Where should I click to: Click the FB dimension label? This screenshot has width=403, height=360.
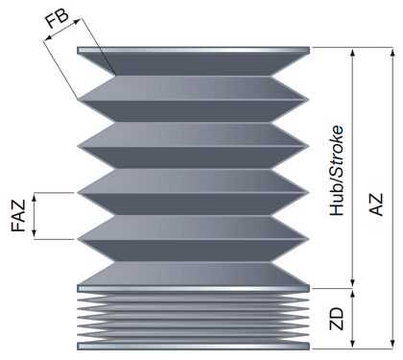[x=57, y=19]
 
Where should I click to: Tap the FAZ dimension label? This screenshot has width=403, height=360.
[x=18, y=216]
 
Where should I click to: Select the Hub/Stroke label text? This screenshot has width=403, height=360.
[x=337, y=171]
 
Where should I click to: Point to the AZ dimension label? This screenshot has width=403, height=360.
[x=376, y=204]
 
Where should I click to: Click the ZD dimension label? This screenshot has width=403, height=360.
[x=337, y=319]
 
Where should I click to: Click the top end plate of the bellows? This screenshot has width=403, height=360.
[x=193, y=50]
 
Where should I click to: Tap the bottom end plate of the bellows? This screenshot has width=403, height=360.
[x=193, y=346]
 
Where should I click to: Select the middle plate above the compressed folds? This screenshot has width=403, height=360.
[x=193, y=288]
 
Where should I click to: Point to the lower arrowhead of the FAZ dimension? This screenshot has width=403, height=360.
[x=35, y=234]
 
